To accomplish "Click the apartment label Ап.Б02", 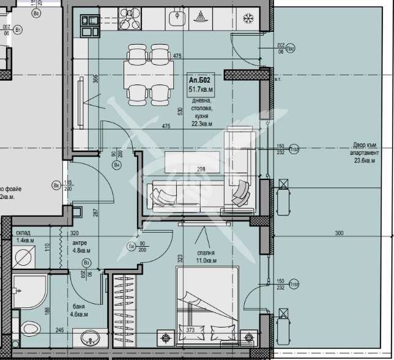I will tap(200, 80).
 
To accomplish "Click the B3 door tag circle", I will tap(86, 263).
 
